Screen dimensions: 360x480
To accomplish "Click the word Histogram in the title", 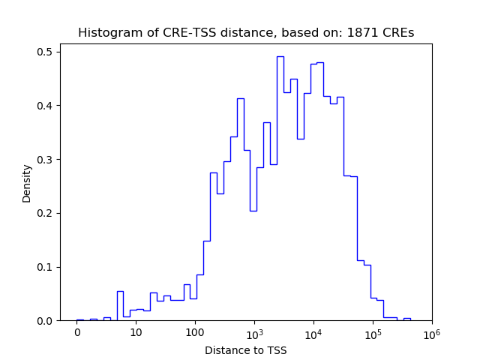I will point(105,33).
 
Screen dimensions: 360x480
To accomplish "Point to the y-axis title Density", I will point(27,183).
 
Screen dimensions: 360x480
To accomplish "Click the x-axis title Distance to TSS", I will point(246,350).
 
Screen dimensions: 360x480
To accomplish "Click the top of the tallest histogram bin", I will point(280,56).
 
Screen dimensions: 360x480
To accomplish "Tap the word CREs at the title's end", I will point(400,33).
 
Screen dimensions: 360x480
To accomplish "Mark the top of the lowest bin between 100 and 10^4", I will point(253,211).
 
